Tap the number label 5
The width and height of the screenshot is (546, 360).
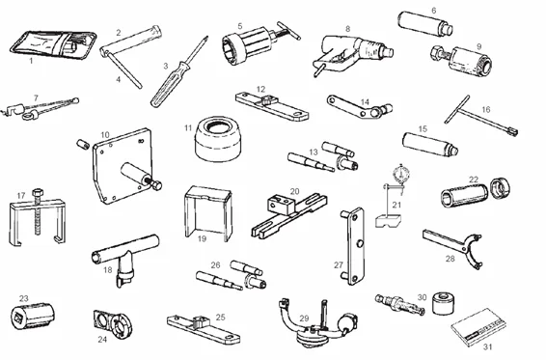(239, 26)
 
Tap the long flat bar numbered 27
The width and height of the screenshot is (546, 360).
(350, 246)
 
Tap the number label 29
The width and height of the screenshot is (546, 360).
(304, 317)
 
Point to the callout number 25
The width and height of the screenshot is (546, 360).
(220, 317)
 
